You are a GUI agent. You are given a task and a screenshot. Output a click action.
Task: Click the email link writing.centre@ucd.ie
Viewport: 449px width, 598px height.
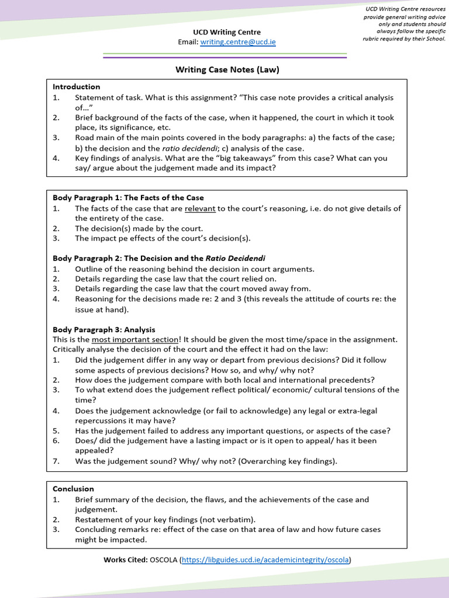pyautogui.click(x=238, y=42)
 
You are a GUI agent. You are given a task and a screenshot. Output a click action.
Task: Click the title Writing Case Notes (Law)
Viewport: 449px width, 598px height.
pyautogui.click(x=227, y=69)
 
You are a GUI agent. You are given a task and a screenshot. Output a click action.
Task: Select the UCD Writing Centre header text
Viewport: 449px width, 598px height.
pyautogui.click(x=227, y=32)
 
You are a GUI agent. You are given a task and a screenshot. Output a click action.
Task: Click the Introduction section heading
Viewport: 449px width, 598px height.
pyautogui.click(x=77, y=86)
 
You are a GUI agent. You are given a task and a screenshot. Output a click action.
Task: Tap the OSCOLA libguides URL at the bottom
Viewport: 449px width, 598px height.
pyautogui.click(x=266, y=559)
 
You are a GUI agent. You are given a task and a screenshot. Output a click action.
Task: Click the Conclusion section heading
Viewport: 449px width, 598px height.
pyautogui.click(x=73, y=489)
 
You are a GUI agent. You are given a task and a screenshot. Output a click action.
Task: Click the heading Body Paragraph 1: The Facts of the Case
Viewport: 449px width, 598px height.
pyautogui.click(x=128, y=198)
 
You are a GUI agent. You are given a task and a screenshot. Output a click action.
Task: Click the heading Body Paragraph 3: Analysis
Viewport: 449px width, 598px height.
pyautogui.click(x=104, y=329)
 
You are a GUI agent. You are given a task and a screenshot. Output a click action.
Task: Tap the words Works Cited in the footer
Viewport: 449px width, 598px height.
pyautogui.click(x=126, y=559)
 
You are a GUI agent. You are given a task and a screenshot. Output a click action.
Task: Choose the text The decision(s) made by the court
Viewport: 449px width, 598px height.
pyautogui.click(x=139, y=228)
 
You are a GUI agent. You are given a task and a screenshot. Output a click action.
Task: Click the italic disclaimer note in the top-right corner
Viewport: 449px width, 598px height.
pyautogui.click(x=405, y=24)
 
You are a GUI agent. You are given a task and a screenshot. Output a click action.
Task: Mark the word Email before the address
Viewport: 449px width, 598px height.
pyautogui.click(x=188, y=42)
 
